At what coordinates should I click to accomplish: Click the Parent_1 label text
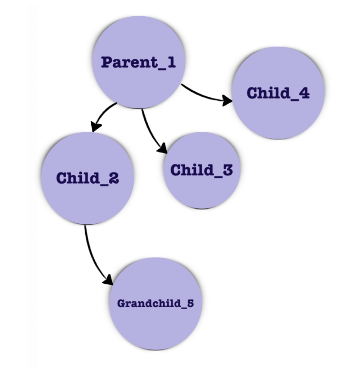point(139,62)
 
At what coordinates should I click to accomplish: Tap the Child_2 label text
point(88,178)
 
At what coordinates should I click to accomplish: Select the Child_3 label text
point(202,170)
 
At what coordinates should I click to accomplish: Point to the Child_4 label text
point(278,93)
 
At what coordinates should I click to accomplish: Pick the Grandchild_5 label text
point(156,303)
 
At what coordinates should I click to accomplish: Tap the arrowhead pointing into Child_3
point(163,149)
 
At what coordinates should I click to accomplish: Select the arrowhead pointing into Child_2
point(96,127)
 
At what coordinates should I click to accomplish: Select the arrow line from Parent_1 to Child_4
point(202,95)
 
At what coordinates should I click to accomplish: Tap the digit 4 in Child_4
point(304,93)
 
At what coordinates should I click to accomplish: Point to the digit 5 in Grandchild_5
point(190,303)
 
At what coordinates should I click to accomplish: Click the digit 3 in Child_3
point(227,170)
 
